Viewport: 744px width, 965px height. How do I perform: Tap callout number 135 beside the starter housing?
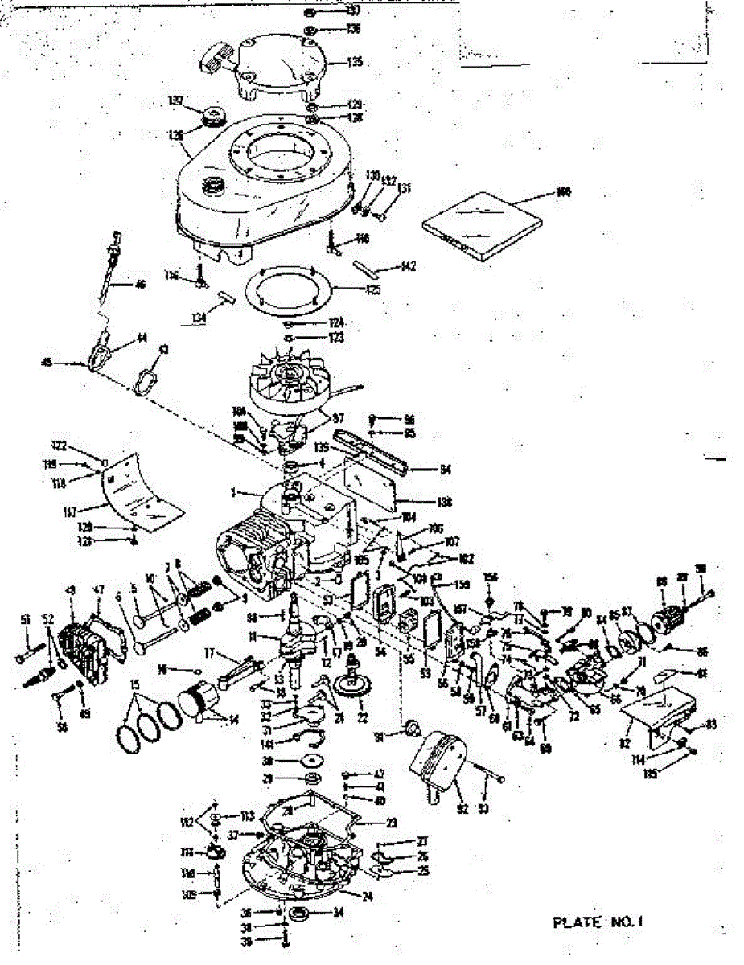(x=355, y=61)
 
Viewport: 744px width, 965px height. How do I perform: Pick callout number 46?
(x=141, y=284)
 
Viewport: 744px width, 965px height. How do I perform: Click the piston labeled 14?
(x=198, y=698)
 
